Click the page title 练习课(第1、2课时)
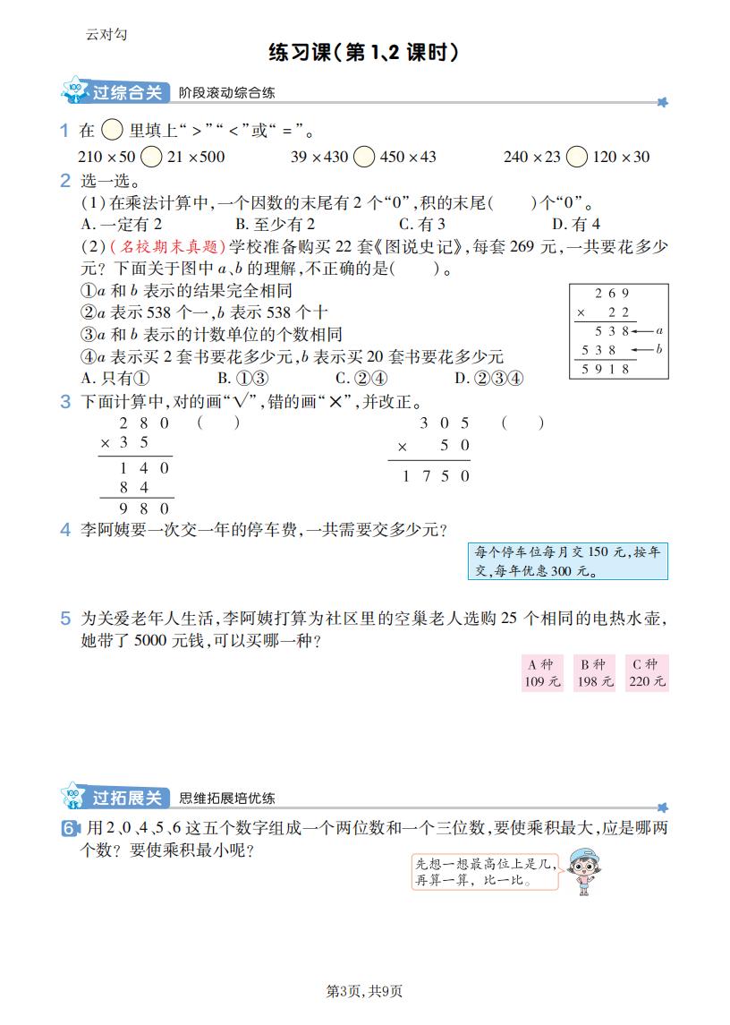point(364,53)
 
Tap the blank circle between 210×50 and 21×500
point(152,157)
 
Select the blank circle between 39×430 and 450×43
point(363,157)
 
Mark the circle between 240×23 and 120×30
point(577,157)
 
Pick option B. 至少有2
point(275,224)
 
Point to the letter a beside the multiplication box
point(658,330)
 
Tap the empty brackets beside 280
point(218,423)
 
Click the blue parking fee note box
point(567,561)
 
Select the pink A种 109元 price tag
point(542,673)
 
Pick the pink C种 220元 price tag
point(646,673)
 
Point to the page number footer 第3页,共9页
point(364,991)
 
